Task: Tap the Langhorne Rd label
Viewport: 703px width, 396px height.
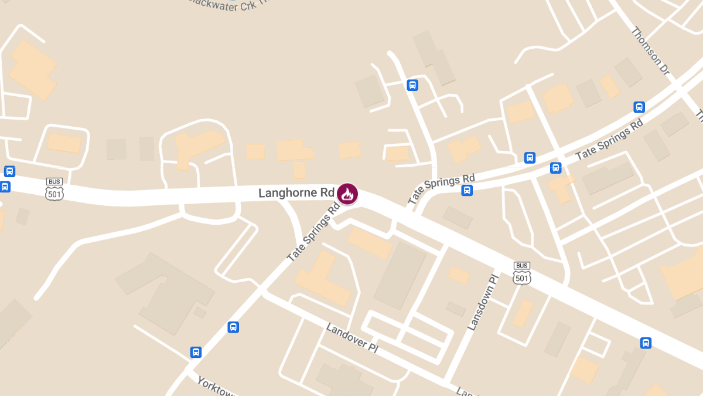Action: coord(296,193)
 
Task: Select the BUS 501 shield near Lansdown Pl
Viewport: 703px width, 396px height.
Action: coord(521,273)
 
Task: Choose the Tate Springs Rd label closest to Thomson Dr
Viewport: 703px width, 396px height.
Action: coord(609,140)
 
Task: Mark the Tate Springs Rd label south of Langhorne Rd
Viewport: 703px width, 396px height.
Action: coord(314,232)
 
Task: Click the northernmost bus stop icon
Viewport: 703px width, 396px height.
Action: coord(412,85)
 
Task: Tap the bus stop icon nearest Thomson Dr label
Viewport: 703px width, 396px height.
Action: coord(639,107)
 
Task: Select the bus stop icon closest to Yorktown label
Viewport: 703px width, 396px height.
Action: coord(196,352)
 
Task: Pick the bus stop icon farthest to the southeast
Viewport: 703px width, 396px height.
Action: coord(646,343)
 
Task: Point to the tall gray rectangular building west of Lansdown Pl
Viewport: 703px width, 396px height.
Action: coord(400,275)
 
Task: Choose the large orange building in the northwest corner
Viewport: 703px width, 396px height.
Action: coord(33,69)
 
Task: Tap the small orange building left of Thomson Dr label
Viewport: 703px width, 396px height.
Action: coord(610,86)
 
